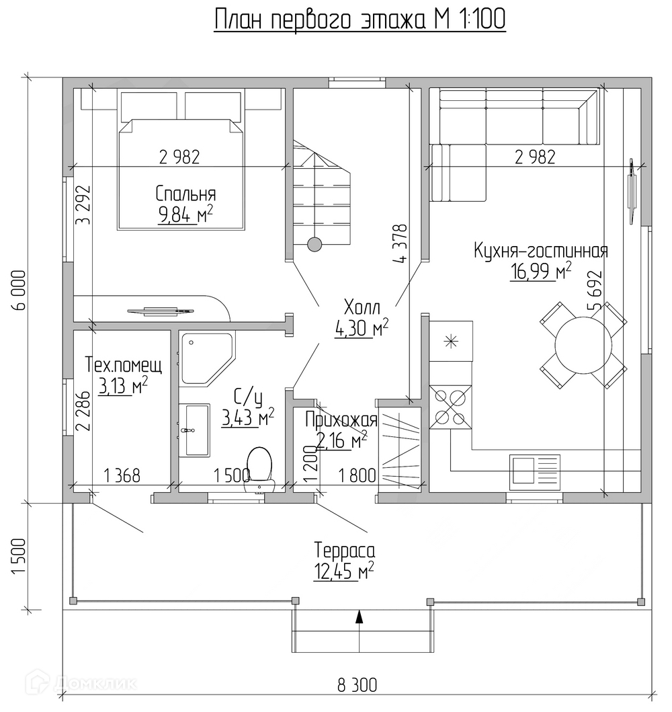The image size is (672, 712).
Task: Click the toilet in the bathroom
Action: [x=259, y=469]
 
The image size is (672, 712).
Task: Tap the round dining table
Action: [x=583, y=345]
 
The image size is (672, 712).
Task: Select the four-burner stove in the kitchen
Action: [x=450, y=407]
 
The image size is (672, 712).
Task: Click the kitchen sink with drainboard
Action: [x=535, y=472]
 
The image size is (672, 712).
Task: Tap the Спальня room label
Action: [x=185, y=194]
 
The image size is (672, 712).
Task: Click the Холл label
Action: [x=362, y=307]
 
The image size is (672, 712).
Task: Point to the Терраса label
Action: [x=345, y=551]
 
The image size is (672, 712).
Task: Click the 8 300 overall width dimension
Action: [x=357, y=684]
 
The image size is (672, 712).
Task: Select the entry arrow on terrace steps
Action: [x=360, y=616]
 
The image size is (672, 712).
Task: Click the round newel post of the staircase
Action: [x=314, y=244]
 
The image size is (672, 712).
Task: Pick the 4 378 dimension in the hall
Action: [x=401, y=243]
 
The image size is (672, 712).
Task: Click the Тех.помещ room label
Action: [x=124, y=365]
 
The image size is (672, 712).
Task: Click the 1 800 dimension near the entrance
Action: [x=358, y=475]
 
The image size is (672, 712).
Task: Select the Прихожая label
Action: [x=341, y=420]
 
